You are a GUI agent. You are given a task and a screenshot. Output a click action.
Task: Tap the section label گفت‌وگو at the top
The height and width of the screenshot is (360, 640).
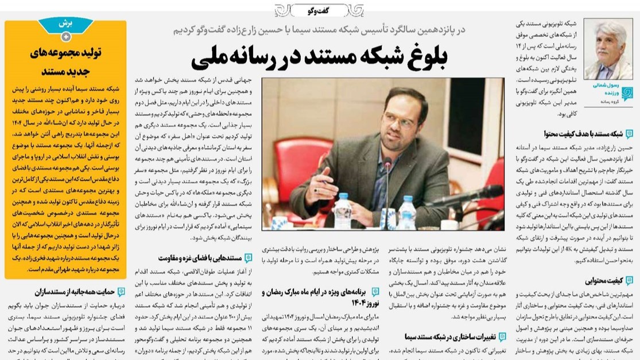319,10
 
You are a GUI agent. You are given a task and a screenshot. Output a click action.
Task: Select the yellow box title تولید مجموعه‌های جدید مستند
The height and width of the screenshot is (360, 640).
65,62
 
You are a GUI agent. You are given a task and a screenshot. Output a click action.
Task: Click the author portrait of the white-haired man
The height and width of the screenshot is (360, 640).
608,49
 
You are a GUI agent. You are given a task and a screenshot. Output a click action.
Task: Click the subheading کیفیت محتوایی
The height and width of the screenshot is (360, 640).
603,280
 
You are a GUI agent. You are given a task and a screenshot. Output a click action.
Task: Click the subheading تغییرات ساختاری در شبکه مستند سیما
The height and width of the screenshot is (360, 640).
447,337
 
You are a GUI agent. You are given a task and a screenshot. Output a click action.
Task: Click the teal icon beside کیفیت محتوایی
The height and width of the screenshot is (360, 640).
629,281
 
